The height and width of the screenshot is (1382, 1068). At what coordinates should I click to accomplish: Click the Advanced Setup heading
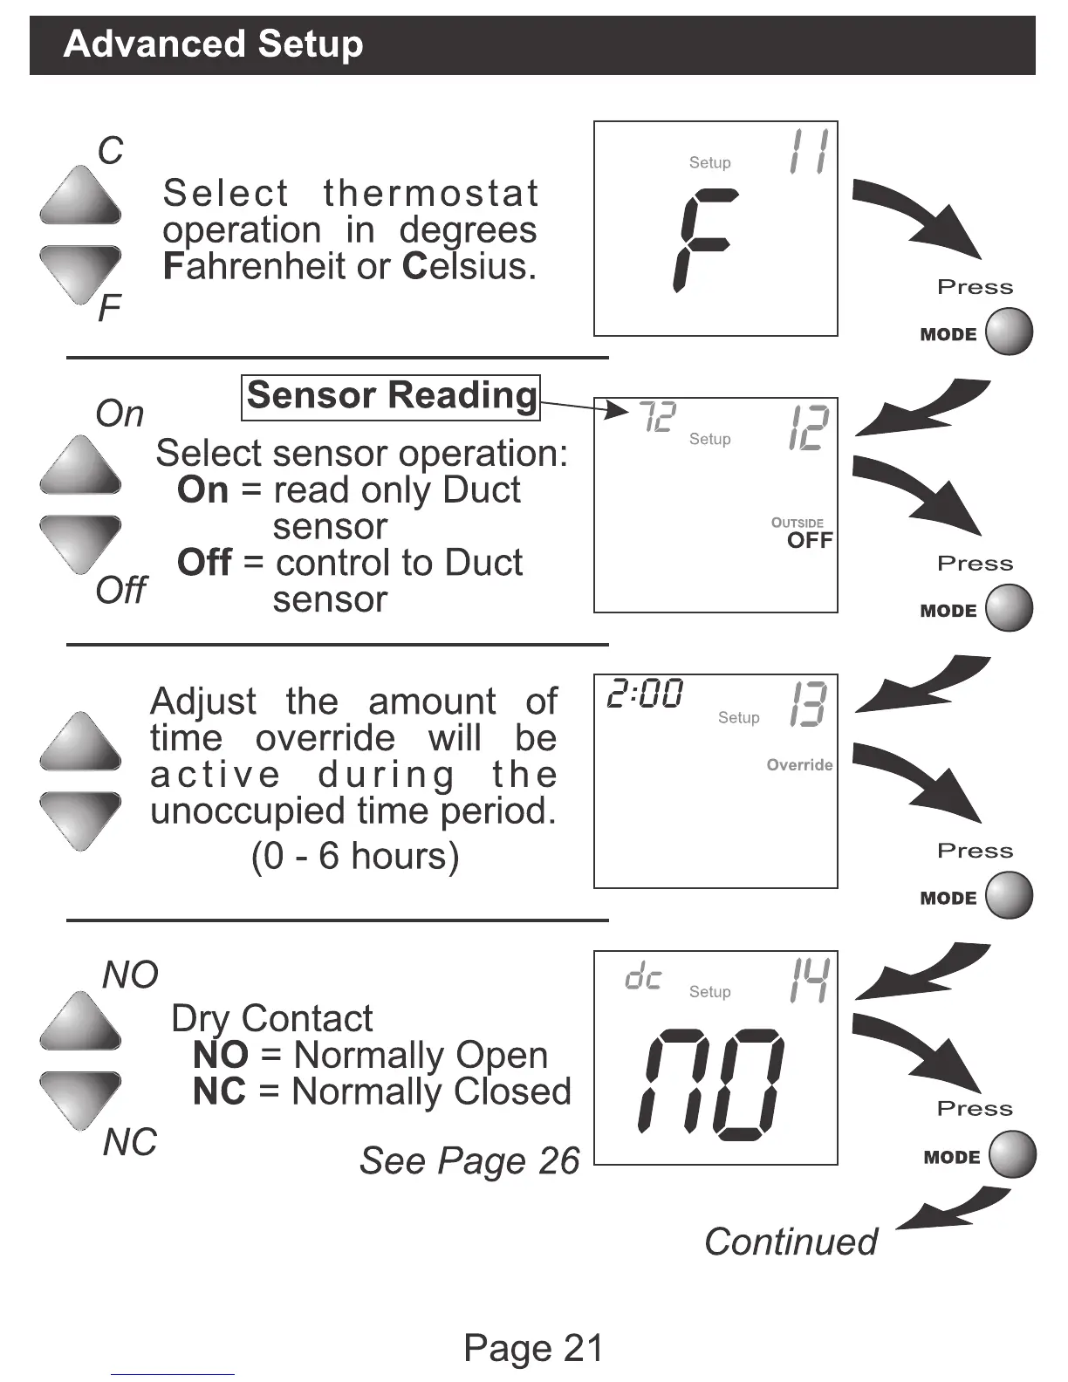tap(213, 44)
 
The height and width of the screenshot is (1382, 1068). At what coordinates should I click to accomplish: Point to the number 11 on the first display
tap(807, 152)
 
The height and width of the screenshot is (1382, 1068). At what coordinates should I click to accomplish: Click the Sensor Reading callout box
tap(390, 396)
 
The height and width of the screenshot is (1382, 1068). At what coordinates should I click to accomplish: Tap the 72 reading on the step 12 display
tap(657, 417)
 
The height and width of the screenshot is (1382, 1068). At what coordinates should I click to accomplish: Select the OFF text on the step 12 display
tap(810, 540)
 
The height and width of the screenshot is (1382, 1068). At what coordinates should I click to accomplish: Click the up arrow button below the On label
tap(80, 466)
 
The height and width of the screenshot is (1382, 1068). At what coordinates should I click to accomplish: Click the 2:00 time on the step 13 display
tap(645, 694)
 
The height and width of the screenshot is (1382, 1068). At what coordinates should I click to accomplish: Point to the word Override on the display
tap(799, 765)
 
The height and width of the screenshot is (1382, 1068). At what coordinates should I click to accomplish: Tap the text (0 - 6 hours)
tap(355, 856)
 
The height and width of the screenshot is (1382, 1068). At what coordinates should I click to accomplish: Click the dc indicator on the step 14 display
tap(643, 978)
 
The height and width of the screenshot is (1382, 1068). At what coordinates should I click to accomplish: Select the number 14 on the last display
tap(808, 981)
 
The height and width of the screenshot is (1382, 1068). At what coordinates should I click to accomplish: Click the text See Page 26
tap(469, 1160)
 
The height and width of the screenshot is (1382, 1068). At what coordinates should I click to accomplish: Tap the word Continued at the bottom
tap(791, 1242)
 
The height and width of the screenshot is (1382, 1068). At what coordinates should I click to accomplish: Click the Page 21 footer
tap(533, 1348)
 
